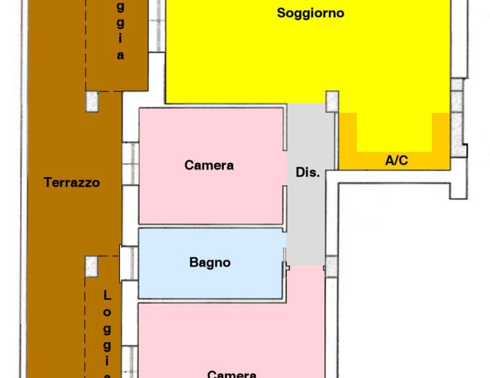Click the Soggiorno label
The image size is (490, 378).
[310, 13]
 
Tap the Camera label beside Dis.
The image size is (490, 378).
[209, 165]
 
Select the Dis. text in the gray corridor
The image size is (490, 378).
[308, 172]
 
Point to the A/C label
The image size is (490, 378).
[396, 161]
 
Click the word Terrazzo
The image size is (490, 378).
[72, 183]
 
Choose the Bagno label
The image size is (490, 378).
[209, 263]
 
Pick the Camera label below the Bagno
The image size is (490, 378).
[231, 374]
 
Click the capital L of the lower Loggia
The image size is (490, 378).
[107, 295]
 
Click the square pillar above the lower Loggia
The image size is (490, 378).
[92, 265]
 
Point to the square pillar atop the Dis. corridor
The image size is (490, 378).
[332, 101]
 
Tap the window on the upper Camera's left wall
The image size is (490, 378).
[131, 163]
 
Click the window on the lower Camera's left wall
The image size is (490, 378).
[131, 359]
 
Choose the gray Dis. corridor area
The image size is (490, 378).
[309, 214]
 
